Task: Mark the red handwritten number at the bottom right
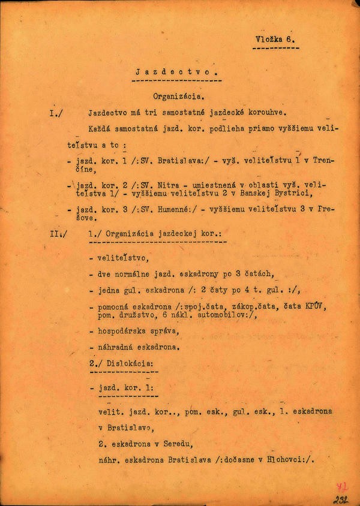pos(343,487)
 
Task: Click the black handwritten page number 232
pos(343,499)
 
